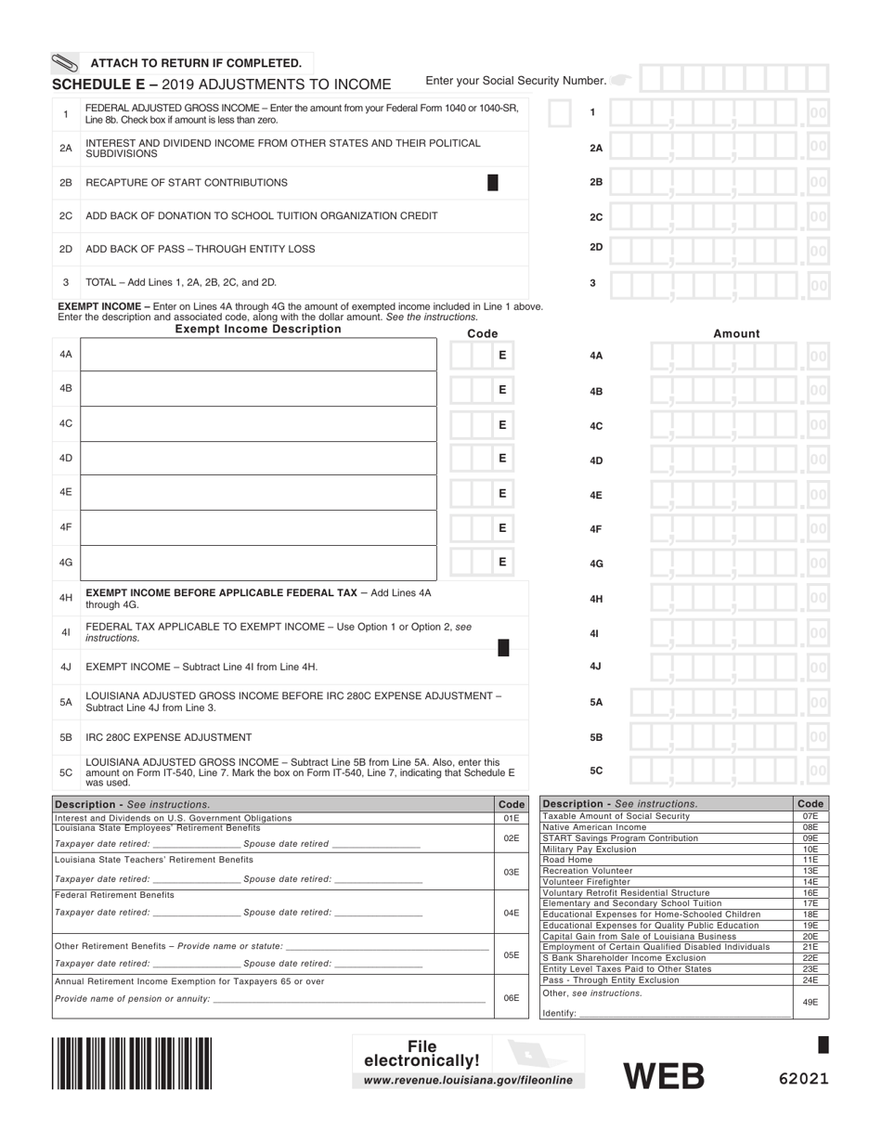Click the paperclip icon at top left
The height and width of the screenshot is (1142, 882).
[x=64, y=64]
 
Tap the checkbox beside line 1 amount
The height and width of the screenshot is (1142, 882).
[x=560, y=113]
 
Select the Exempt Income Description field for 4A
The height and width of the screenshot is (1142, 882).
[x=259, y=355]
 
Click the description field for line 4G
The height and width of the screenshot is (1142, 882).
[x=259, y=562]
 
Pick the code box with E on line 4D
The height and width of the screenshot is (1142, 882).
[x=501, y=459]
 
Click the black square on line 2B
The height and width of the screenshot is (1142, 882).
[x=493, y=183]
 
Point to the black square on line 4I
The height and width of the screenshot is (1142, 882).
[x=503, y=648]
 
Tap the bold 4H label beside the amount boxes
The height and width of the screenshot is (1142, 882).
[x=596, y=599]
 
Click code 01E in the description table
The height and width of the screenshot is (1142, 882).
[x=511, y=818]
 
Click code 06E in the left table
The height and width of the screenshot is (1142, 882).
[x=511, y=998]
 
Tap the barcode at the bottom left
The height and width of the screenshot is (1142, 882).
[x=132, y=1062]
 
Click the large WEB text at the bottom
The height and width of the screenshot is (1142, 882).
[x=663, y=1075]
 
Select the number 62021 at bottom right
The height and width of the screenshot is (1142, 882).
[x=803, y=1079]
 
